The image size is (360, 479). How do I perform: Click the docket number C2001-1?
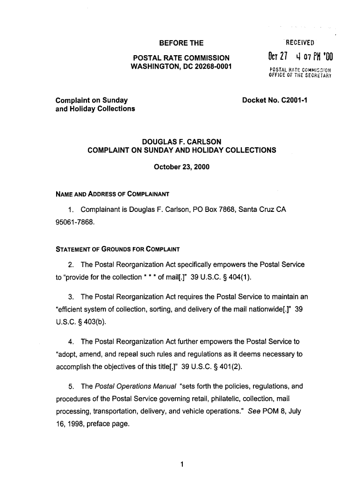coord(290,100)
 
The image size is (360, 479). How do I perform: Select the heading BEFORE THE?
coord(181,44)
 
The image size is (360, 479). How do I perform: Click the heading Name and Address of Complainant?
coord(112,194)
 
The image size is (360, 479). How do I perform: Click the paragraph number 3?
coord(70,298)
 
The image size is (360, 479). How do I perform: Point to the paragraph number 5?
coord(70,386)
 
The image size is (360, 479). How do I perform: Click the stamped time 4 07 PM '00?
coord(313,58)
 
